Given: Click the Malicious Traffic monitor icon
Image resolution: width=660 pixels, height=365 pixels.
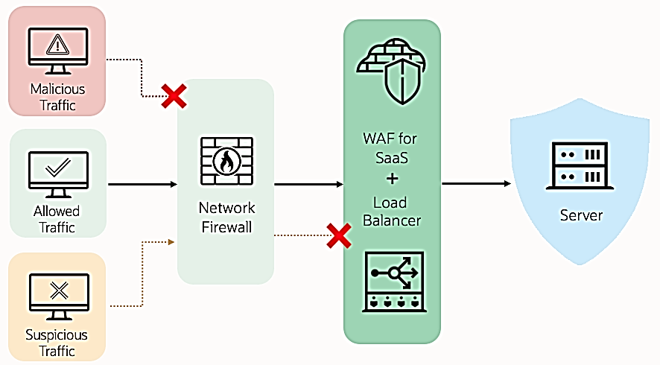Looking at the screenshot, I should (x=57, y=50).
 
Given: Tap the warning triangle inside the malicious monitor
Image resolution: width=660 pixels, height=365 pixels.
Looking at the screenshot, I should (x=57, y=45).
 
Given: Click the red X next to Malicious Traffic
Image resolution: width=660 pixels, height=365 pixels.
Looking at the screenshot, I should (x=174, y=96).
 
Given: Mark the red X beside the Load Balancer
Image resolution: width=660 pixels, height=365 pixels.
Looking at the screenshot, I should (x=340, y=236).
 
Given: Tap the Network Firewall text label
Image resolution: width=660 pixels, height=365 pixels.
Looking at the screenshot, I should (x=226, y=216).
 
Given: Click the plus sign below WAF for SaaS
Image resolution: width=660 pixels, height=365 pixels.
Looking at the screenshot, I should (x=393, y=179).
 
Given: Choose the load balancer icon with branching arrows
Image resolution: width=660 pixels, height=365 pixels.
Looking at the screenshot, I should (x=393, y=281).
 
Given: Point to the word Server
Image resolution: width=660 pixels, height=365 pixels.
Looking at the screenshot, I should (x=582, y=215).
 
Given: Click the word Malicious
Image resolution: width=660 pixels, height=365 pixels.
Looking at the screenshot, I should (x=57, y=89).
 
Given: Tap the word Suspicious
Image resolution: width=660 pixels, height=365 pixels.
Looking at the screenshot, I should (x=57, y=335).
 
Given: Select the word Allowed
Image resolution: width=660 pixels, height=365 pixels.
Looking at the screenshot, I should (x=57, y=212).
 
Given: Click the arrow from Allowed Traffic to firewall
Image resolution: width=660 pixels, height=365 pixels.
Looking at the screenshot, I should (x=142, y=183).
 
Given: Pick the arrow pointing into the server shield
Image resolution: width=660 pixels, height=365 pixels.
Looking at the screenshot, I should (x=477, y=183).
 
